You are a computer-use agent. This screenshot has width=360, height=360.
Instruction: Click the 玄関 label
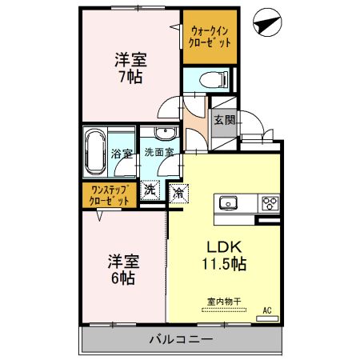coord(223,120)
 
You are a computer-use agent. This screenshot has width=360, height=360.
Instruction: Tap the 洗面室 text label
coord(159,152)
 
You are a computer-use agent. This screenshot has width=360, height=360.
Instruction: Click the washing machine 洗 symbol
coord(150,191)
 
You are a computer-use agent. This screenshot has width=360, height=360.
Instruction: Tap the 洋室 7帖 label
coord(129,67)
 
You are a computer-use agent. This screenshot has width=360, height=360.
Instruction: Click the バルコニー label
coord(181,339)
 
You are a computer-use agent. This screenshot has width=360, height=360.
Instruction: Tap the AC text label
coord(266,310)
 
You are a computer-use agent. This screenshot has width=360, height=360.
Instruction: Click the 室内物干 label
coord(224,302)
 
